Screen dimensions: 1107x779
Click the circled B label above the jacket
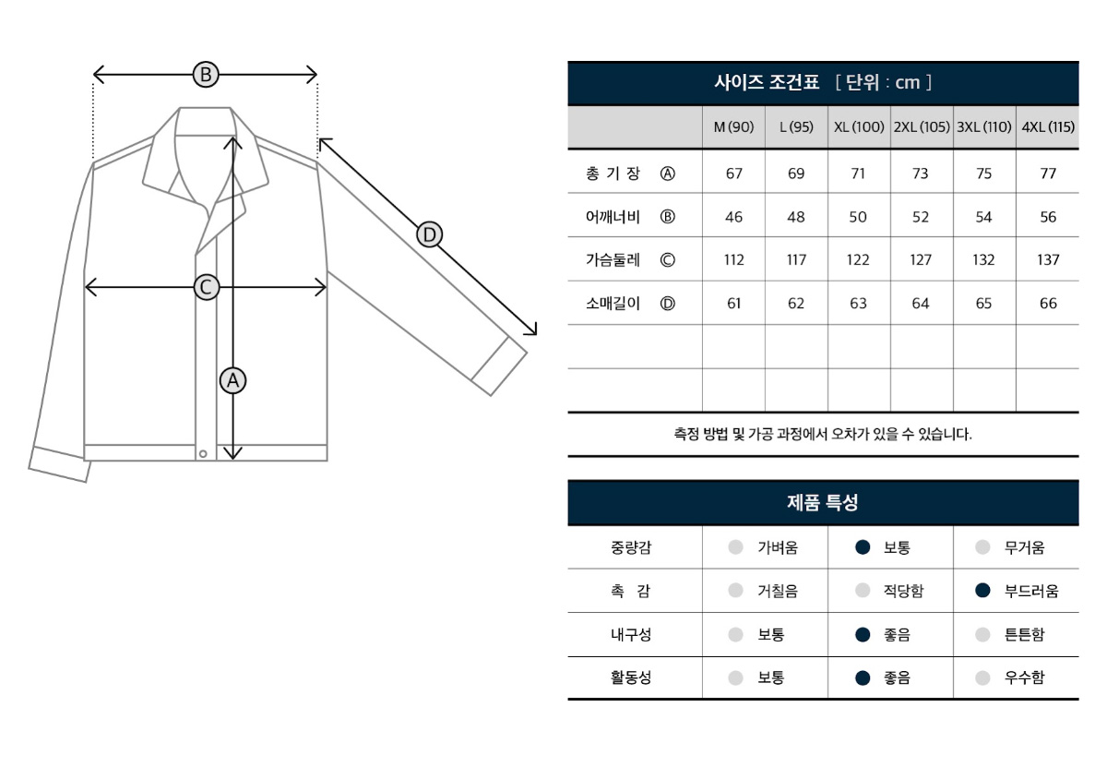point(206,75)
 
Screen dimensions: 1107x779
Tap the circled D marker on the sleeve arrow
point(430,235)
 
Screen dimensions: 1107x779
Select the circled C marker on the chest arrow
point(206,287)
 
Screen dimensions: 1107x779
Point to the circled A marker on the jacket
point(232,381)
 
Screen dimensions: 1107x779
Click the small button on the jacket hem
point(203,453)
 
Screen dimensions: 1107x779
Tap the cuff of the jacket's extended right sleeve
point(499,366)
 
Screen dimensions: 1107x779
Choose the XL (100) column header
point(859,127)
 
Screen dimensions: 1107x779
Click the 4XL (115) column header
point(1048,127)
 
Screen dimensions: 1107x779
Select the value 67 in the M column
point(734,174)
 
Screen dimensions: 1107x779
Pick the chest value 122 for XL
point(859,259)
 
